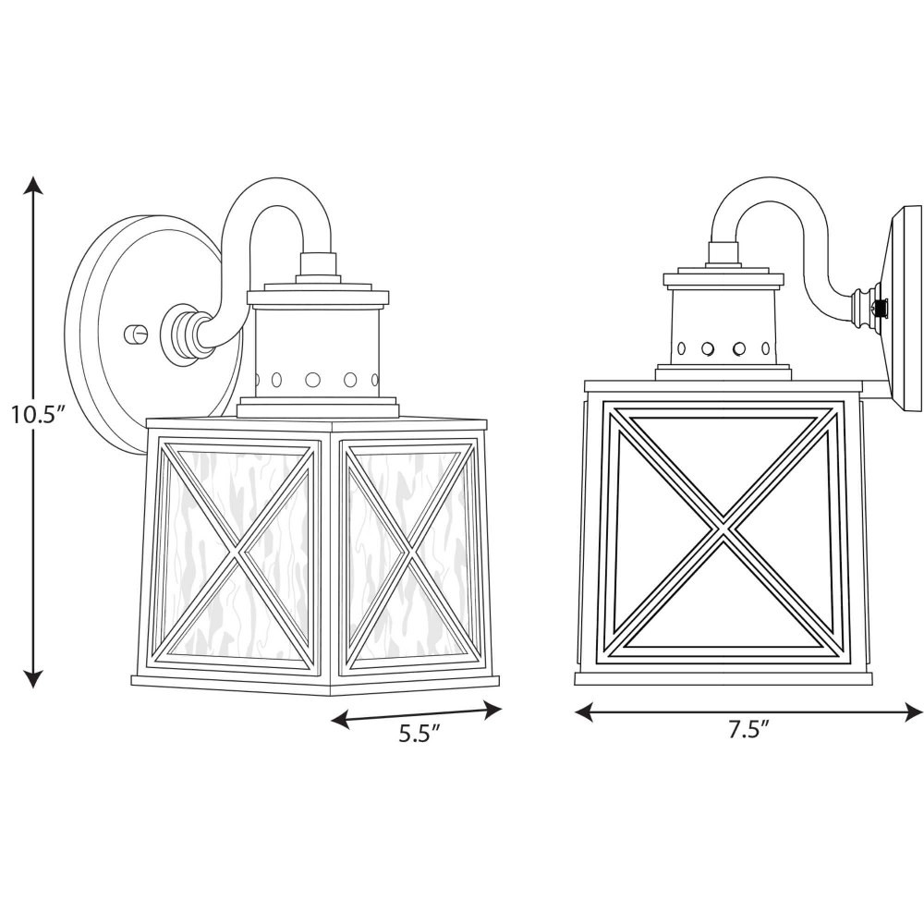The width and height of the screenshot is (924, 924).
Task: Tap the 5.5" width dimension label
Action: click(420, 734)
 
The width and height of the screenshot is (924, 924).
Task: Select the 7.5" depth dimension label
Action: click(748, 730)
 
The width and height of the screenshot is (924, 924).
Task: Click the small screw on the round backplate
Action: click(133, 334)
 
